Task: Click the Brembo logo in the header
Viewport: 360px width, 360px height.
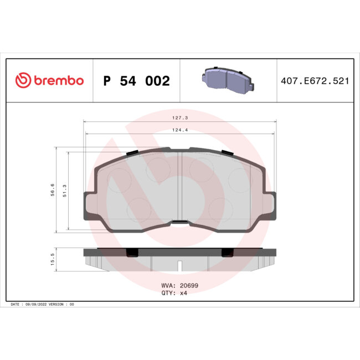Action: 49,80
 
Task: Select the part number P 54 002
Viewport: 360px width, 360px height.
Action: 136,81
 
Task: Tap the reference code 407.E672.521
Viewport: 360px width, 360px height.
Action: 314,81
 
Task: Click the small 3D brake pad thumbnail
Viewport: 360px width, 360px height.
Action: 228,80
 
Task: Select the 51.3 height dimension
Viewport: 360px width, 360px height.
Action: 65,191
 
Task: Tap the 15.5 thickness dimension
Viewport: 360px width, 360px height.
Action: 53,259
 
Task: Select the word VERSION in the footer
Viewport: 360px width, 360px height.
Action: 56,305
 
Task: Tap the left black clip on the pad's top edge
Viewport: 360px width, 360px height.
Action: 132,152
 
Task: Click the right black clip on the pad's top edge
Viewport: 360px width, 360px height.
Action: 227,152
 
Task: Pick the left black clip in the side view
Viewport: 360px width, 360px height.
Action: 132,253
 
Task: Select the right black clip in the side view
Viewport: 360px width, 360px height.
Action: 227,253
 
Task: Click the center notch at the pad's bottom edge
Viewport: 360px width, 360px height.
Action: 179,223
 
